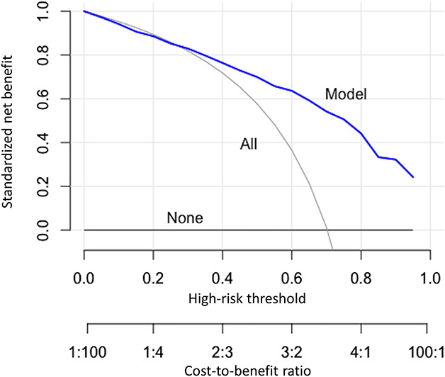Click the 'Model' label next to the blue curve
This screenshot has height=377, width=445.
345,94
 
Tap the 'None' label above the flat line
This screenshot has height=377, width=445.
185,218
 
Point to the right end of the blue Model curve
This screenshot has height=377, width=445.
413,177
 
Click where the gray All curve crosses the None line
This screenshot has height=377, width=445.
327,230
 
